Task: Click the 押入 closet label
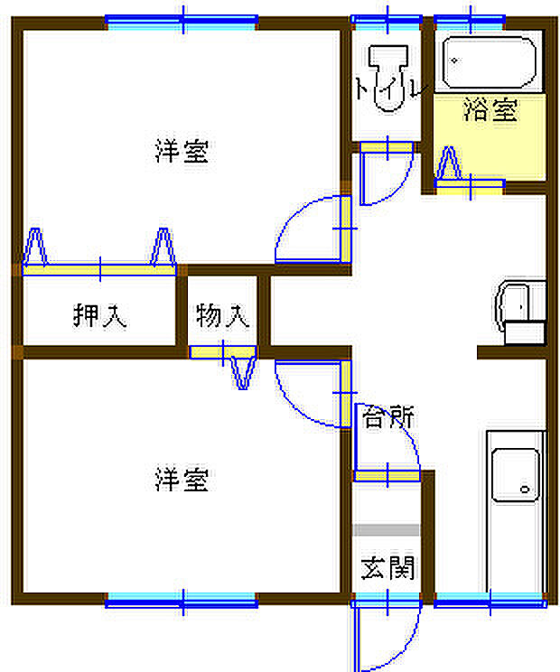coord(99,317)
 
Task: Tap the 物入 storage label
coord(221,317)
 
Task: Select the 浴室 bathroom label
coord(490,111)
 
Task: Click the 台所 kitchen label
coord(388,417)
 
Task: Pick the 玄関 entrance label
coord(388,568)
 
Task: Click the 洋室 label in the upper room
coord(182,152)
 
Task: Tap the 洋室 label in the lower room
coord(182,480)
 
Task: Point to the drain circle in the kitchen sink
coord(525,489)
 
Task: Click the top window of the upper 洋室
coord(182,20)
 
